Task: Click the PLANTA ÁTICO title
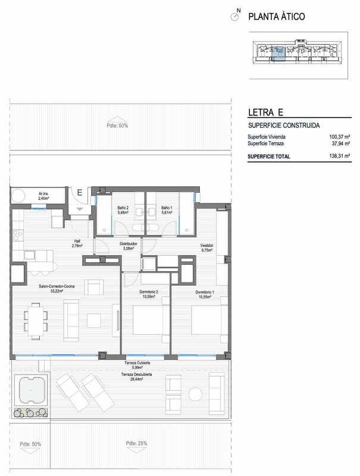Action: [x=277, y=17]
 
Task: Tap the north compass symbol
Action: [x=235, y=16]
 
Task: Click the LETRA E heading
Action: [x=265, y=112]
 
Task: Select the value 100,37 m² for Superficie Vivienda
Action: [x=340, y=137]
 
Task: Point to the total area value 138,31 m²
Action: [x=340, y=156]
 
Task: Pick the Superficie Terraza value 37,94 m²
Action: [x=341, y=143]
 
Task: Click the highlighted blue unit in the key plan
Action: [x=278, y=53]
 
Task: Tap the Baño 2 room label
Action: [x=123, y=210]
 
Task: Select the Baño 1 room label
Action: [x=167, y=210]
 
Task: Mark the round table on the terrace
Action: [x=195, y=394]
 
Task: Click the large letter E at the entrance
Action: [x=80, y=192]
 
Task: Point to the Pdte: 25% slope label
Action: [x=137, y=443]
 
